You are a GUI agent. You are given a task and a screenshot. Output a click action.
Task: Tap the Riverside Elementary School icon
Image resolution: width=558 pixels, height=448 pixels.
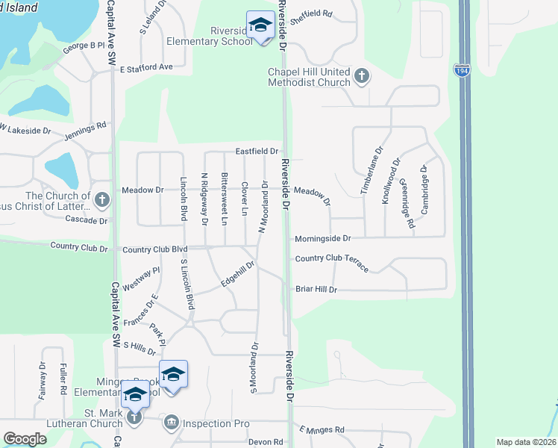point(260,27)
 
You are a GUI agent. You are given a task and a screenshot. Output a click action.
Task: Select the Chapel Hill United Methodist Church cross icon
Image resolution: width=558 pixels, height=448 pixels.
point(362,75)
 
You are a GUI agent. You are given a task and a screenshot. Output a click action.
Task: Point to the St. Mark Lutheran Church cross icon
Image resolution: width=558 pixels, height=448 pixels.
point(134,417)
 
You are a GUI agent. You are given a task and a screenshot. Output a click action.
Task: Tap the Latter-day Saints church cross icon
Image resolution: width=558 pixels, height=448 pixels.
point(103,199)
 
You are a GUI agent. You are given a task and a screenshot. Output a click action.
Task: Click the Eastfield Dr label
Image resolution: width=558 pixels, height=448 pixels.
point(257,151)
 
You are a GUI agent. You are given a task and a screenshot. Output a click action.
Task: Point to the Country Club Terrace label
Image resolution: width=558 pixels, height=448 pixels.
point(331,261)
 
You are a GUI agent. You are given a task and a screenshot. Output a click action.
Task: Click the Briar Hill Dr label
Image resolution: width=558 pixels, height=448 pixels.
point(316,289)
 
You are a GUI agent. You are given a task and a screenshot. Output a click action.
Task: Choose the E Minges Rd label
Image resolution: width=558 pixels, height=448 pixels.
point(322,430)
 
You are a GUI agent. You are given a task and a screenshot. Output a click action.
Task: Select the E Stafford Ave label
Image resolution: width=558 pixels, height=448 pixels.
point(146,67)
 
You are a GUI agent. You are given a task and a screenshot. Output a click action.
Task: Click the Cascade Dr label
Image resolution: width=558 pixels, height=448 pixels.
point(87,221)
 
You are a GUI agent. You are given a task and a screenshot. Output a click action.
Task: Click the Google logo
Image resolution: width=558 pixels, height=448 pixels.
point(25,438)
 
